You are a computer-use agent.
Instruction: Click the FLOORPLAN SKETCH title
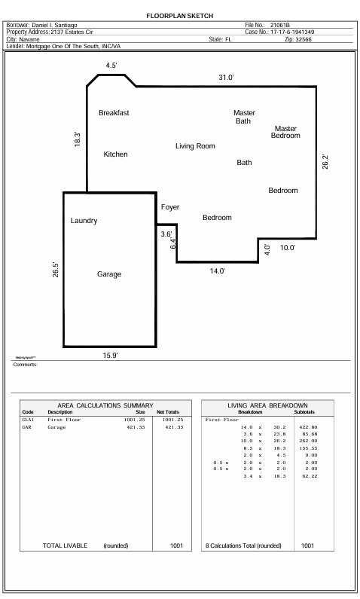179,15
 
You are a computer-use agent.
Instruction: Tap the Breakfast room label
114,113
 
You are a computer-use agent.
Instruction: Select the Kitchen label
115,154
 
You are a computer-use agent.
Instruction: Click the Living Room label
196,146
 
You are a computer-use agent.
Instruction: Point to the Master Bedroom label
285,132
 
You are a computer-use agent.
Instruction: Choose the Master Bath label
244,117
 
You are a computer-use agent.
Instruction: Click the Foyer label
170,207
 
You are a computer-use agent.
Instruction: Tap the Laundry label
84,221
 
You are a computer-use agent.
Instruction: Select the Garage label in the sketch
109,274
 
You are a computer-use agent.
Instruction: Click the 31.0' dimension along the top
226,78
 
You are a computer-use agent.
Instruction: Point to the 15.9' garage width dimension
110,355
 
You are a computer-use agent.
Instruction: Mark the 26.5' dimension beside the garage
56,270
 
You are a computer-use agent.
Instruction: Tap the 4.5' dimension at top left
111,66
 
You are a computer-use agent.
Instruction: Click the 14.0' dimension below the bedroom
218,271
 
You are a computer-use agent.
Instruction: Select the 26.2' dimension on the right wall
325,162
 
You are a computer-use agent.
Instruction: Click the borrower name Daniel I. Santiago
62,25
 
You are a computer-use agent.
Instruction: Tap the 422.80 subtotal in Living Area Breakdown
308,427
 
